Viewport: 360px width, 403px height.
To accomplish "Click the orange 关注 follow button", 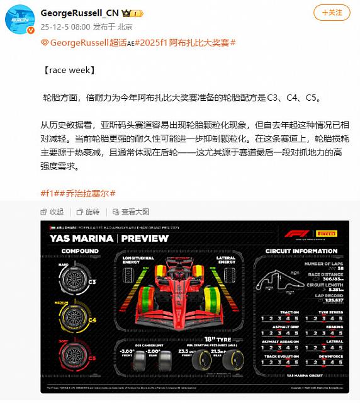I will tap(330, 13).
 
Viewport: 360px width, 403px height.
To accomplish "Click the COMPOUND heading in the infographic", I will tap(79, 251).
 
